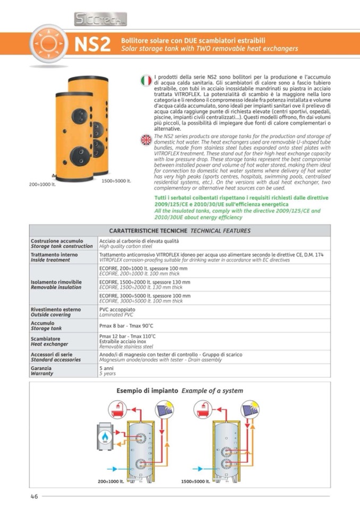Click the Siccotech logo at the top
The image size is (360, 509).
100,20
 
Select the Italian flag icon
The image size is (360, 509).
146,81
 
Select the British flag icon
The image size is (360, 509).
146,140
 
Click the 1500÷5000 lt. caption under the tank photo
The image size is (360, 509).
116,181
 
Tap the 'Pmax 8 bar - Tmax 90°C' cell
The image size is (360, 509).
126,325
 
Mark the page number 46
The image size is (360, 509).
33,496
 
